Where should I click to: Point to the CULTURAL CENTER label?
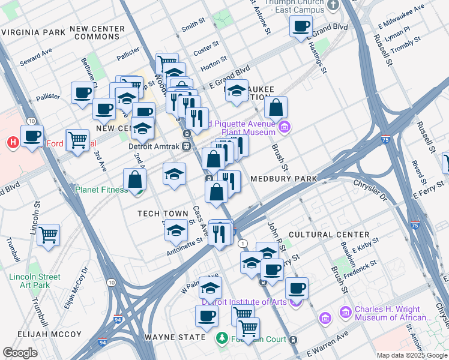[329, 234]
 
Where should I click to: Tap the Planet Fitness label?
[101, 190]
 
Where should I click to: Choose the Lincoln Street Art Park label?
[35, 281]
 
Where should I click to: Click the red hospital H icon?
[11, 142]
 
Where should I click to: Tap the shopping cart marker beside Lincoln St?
[49, 234]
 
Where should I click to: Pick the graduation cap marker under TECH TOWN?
[176, 230]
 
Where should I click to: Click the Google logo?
[20, 353]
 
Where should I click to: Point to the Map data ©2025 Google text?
[411, 355]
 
